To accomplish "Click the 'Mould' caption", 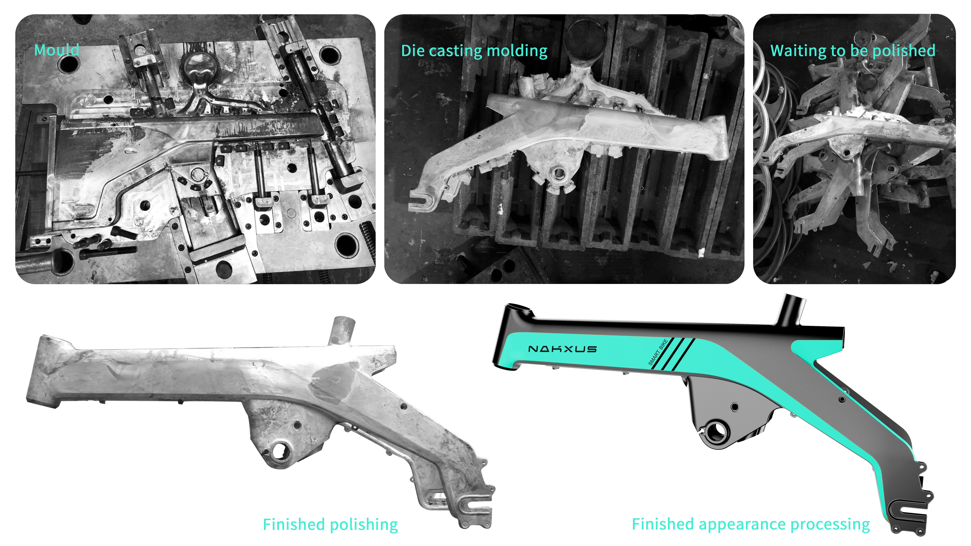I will (56, 50).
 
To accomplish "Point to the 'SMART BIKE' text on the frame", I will (658, 352).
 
